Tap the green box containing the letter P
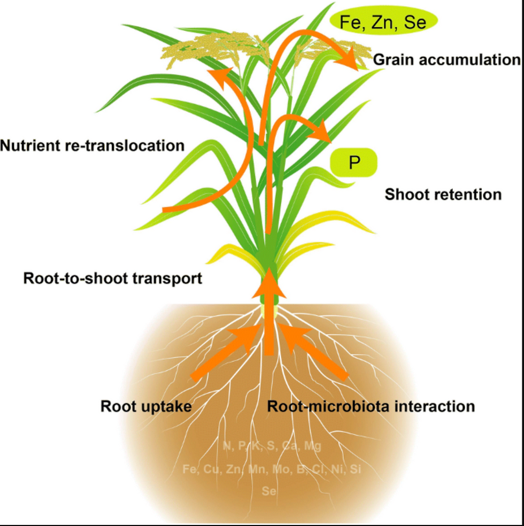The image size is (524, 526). [353, 163]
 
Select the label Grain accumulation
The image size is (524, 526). [446, 59]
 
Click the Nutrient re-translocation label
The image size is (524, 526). [93, 145]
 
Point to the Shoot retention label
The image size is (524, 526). [443, 194]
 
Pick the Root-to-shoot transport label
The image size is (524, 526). [113, 278]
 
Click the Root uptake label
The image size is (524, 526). [146, 406]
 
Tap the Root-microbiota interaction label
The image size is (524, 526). [371, 406]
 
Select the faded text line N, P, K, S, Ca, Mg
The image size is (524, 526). [272, 445]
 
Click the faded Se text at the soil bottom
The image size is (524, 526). [269, 490]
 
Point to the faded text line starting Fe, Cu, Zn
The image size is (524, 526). [272, 469]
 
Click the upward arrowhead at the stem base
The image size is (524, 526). [270, 283]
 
